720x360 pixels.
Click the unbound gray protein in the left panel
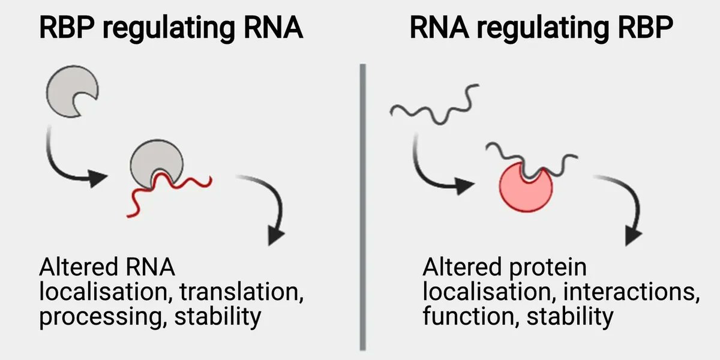(69, 90)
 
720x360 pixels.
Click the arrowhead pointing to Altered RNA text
(275, 235)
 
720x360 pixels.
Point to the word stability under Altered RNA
(218, 316)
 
